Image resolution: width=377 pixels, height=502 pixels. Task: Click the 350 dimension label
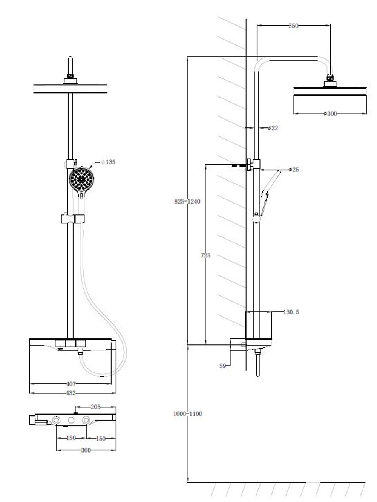click(293, 26)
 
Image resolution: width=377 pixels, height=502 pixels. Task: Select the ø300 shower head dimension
click(330, 113)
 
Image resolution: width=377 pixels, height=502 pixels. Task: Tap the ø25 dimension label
click(294, 170)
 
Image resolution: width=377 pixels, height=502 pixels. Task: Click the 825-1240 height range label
click(187, 201)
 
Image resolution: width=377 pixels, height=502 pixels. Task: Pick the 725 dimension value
click(205, 255)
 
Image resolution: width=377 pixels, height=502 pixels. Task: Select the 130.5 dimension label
click(291, 312)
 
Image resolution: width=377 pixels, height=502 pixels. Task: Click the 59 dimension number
click(222, 366)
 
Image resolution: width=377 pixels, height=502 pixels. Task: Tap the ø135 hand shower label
click(108, 162)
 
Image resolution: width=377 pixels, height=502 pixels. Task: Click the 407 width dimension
click(71, 384)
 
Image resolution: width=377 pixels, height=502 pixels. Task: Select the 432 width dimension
click(71, 393)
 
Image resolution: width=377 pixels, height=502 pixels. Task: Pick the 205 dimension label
click(95, 407)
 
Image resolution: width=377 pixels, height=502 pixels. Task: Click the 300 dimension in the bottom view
click(86, 450)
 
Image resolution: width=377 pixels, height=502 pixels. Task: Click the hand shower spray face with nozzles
click(81, 179)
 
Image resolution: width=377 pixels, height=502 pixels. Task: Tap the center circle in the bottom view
click(71, 420)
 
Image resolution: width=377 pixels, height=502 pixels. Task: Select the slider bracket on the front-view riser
click(73, 219)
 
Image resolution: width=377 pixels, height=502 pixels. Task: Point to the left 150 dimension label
click(71, 438)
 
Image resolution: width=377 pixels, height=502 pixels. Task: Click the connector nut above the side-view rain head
click(330, 78)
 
